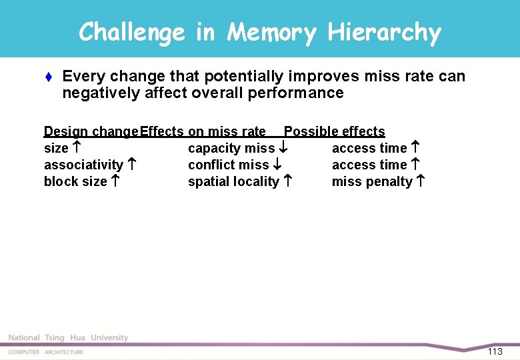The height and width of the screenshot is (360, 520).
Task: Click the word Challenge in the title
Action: (x=131, y=32)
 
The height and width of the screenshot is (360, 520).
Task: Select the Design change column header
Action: (x=91, y=131)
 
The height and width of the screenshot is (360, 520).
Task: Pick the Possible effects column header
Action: (x=335, y=131)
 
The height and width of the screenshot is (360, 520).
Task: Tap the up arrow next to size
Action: (x=77, y=148)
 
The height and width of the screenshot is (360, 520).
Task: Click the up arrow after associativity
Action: (x=132, y=165)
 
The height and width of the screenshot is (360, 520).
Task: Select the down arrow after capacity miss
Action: (x=283, y=148)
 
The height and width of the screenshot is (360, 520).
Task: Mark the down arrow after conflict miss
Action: (x=277, y=165)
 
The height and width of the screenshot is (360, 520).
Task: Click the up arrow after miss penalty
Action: (x=421, y=181)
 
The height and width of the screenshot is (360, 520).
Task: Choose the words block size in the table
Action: (x=75, y=181)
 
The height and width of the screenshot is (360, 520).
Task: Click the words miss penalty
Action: (x=372, y=181)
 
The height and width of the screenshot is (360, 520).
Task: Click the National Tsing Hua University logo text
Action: (x=68, y=338)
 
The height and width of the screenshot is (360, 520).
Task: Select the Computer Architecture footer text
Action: (x=46, y=352)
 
